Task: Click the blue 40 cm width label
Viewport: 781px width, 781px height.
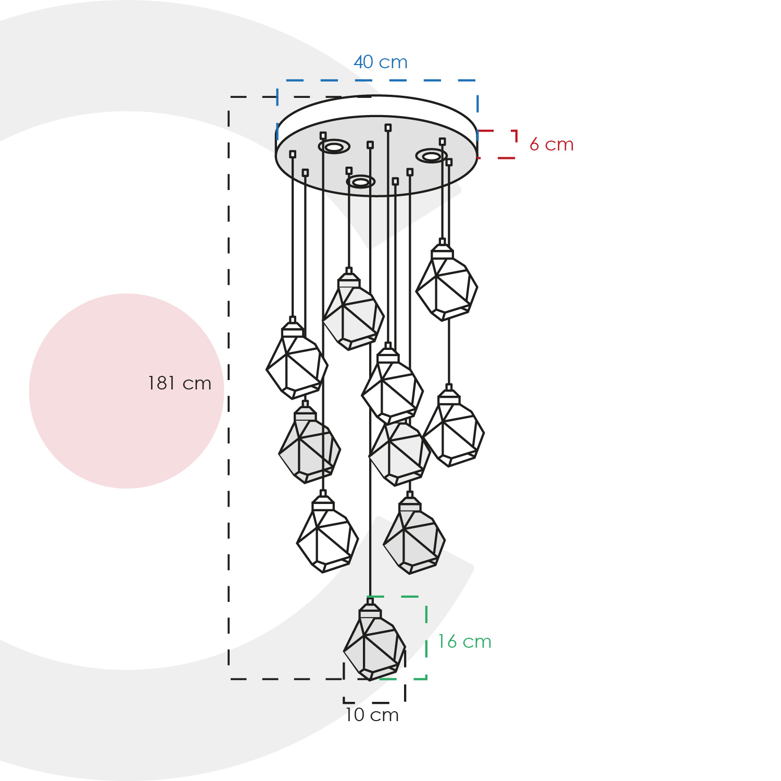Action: [381, 62]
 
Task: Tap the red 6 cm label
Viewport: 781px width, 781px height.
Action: [551, 144]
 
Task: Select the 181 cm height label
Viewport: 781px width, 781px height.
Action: [180, 383]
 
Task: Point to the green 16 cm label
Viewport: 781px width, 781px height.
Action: [464, 641]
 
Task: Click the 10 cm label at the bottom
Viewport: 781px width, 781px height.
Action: [372, 715]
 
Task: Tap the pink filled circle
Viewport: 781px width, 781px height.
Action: [127, 391]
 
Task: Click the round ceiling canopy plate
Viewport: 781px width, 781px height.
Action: [376, 146]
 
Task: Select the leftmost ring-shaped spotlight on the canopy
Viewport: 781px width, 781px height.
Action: [334, 147]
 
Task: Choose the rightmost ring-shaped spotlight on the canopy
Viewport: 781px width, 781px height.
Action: [431, 156]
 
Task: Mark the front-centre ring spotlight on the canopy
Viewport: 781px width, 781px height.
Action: [361, 182]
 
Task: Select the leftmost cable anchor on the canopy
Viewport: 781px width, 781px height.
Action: [293, 154]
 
